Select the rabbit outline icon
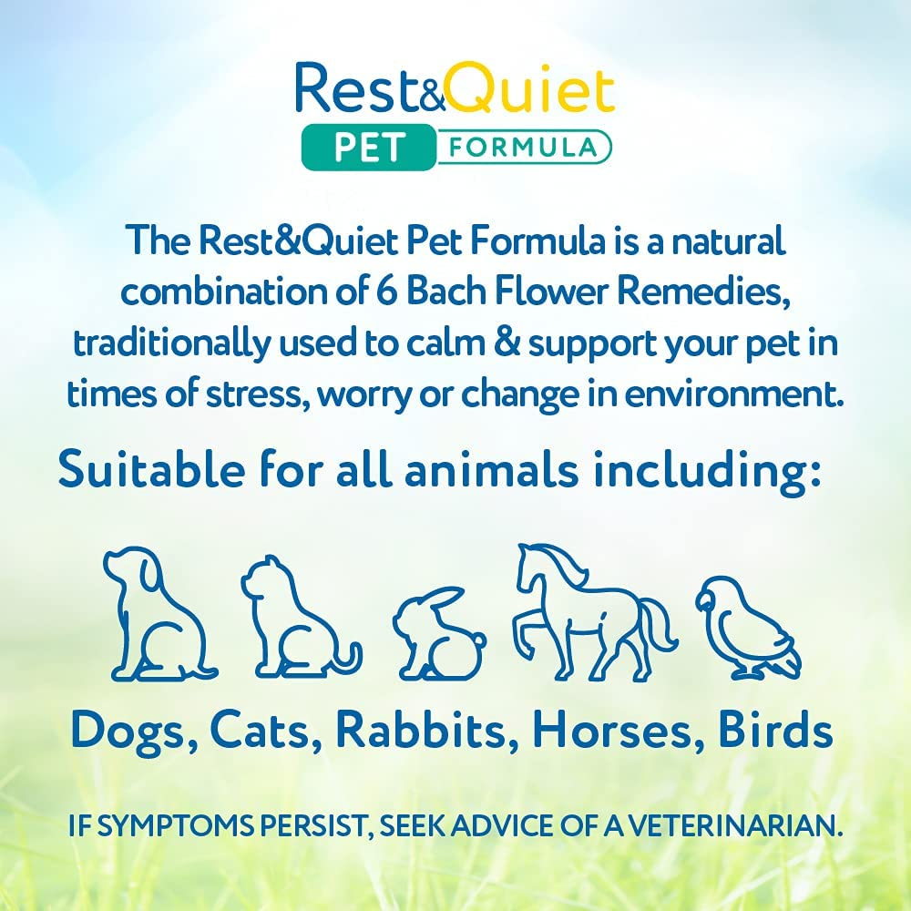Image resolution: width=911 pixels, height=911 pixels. click(x=437, y=629)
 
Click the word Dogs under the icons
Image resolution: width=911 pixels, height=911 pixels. click(x=131, y=730)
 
